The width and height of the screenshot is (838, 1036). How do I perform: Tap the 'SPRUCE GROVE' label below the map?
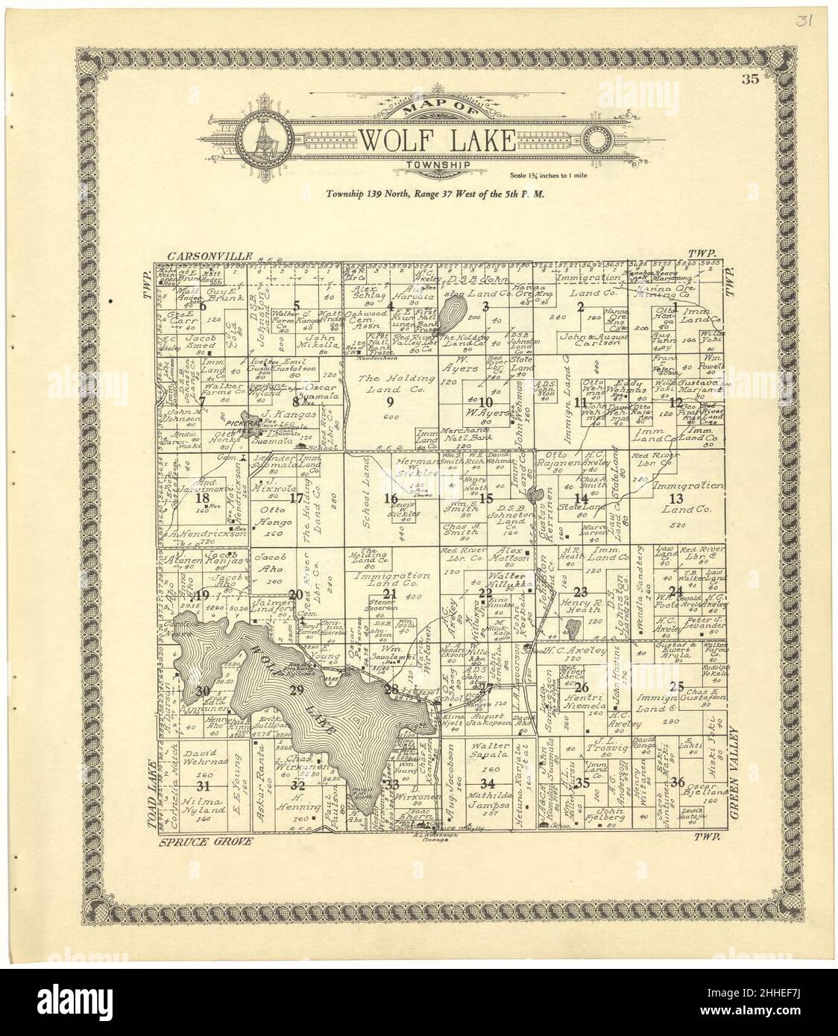click(x=206, y=841)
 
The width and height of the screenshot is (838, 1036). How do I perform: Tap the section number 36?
click(x=678, y=781)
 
